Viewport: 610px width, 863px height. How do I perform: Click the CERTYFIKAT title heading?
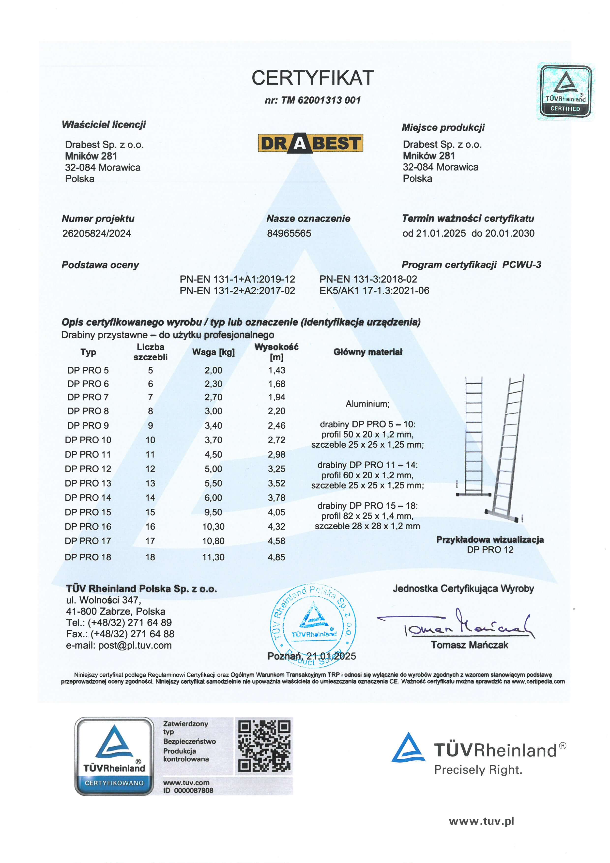pos(313,78)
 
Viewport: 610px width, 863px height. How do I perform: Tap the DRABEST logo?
pos(310,143)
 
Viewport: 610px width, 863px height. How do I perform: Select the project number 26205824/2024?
pos(96,234)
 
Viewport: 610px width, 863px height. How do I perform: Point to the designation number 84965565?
pos(289,234)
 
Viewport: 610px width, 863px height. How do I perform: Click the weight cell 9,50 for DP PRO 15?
pos(213,512)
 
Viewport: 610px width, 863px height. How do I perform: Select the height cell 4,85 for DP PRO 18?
pos(276,557)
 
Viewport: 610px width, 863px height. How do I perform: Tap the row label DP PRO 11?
pos(88,455)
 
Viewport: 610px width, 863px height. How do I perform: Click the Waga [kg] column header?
pos(213,352)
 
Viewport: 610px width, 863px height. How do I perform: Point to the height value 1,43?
pos(276,370)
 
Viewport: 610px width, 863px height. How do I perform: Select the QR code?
pos(264,746)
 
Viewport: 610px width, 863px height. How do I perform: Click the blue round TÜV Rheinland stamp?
pos(313,626)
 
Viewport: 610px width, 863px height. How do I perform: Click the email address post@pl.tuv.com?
pos(135,645)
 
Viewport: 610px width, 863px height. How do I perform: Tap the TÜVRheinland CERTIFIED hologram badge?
pos(565,91)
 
